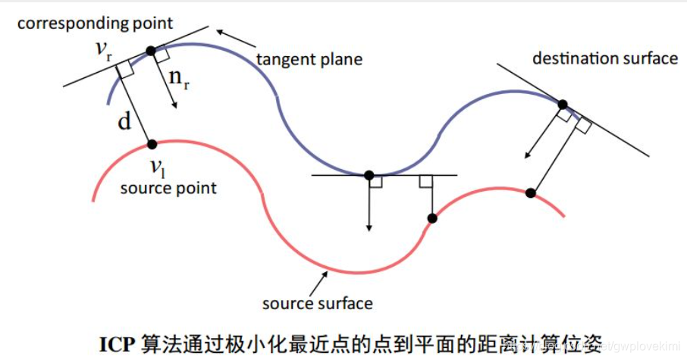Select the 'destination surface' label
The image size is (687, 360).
click(x=605, y=58)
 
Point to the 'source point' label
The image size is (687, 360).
click(x=168, y=188)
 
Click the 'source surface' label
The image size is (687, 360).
click(x=317, y=304)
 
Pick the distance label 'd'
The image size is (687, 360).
click(x=125, y=122)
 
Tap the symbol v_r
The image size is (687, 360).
click(x=103, y=50)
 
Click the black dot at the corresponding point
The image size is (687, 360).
click(x=151, y=51)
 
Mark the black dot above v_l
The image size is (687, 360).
click(x=152, y=144)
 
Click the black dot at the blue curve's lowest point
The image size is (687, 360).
click(x=369, y=176)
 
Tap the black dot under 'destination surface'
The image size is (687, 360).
click(x=563, y=105)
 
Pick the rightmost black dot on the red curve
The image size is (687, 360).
click(x=531, y=193)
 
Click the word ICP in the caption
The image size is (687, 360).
click(x=116, y=343)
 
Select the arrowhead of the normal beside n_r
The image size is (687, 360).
click(x=175, y=105)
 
